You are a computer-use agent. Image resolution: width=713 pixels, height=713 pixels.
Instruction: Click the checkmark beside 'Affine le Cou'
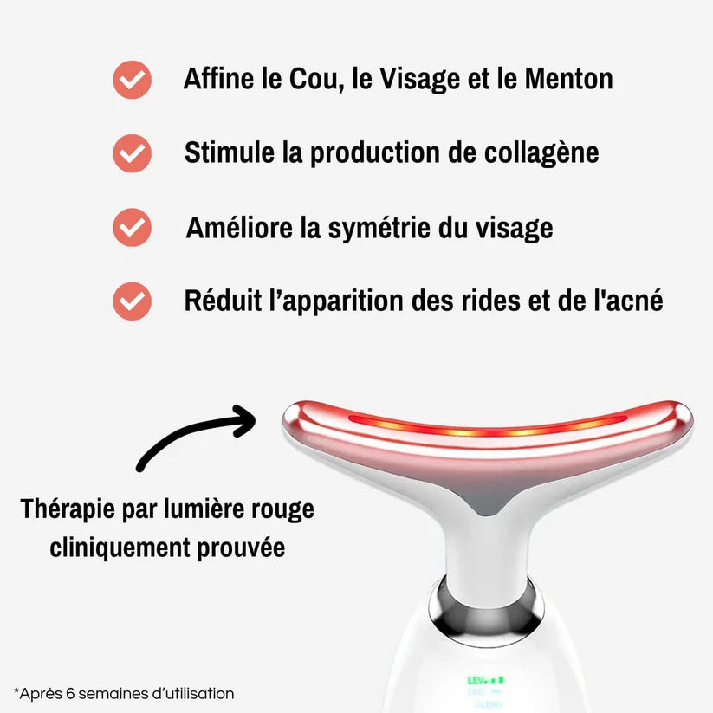click(x=132, y=80)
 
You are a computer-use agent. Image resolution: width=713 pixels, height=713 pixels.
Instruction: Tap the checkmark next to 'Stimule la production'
click(x=132, y=154)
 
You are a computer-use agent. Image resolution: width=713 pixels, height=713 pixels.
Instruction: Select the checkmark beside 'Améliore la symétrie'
click(x=132, y=228)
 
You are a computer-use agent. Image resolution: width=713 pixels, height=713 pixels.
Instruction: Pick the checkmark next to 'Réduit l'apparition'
click(x=132, y=301)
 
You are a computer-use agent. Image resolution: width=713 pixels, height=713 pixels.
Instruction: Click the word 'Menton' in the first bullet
click(x=568, y=79)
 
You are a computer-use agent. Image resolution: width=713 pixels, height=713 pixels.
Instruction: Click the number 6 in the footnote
click(x=60, y=693)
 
